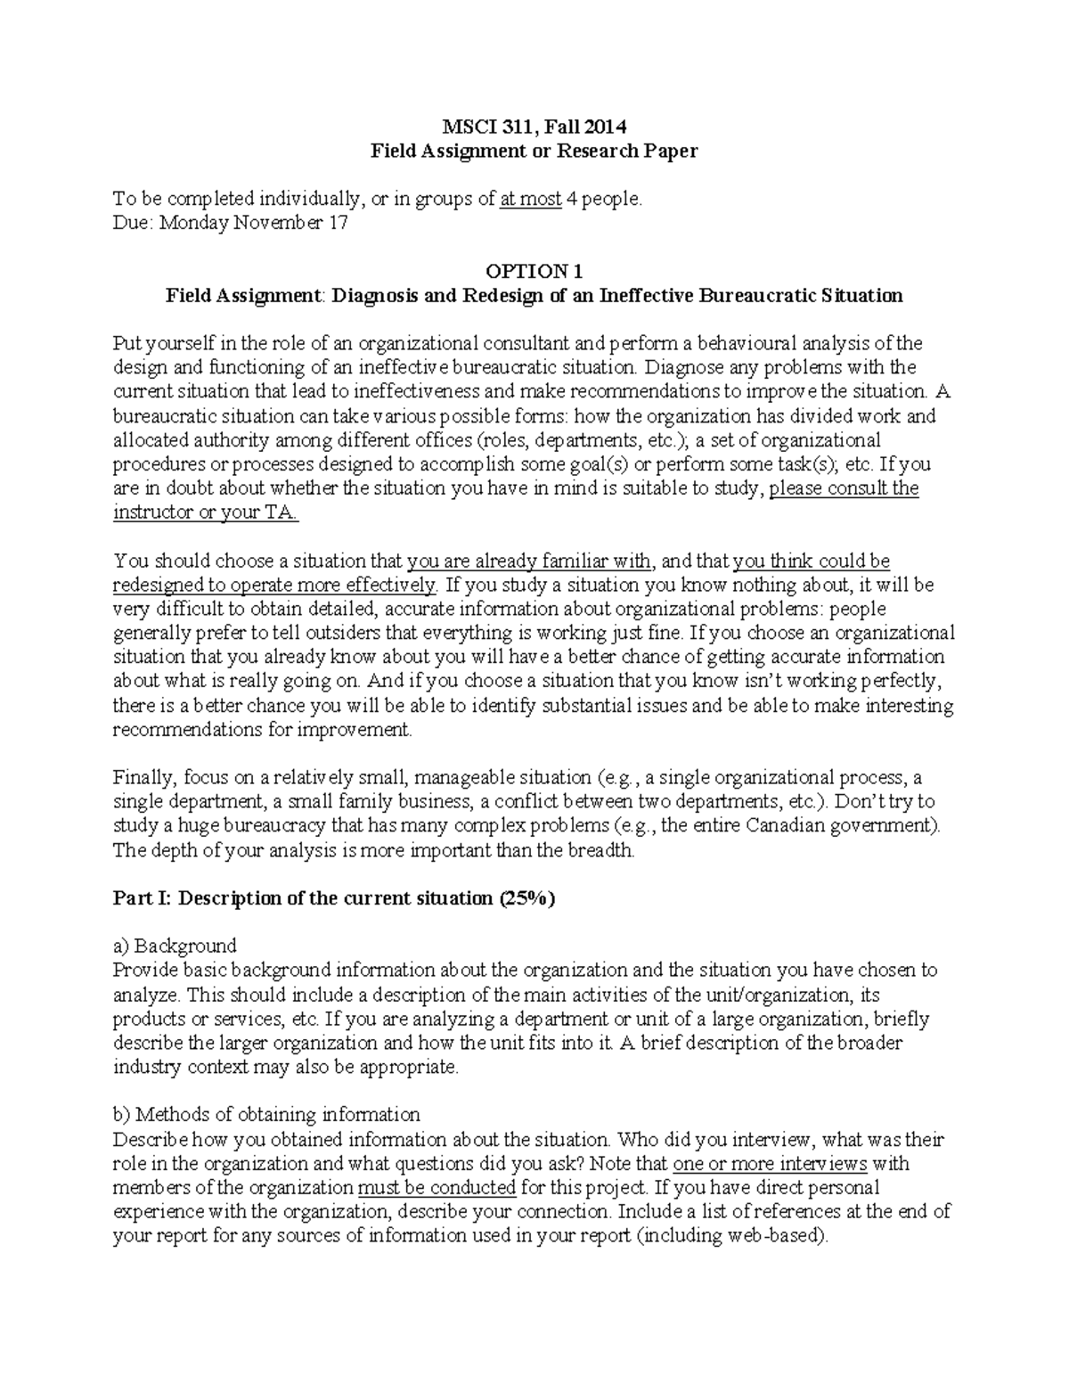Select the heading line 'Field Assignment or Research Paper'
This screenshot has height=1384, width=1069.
[x=534, y=151]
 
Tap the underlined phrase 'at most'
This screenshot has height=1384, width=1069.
[x=531, y=199]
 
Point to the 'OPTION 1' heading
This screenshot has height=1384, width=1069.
[x=534, y=271]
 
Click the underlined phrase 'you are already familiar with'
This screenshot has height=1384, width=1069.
[x=530, y=561]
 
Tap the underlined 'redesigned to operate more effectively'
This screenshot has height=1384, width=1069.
[x=275, y=585]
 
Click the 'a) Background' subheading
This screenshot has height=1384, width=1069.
[x=175, y=946]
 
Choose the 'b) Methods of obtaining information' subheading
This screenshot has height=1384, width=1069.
[x=266, y=1114]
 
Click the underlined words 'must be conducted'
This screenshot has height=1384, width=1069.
[x=437, y=1187]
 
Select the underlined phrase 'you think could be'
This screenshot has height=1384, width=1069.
[x=811, y=561]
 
